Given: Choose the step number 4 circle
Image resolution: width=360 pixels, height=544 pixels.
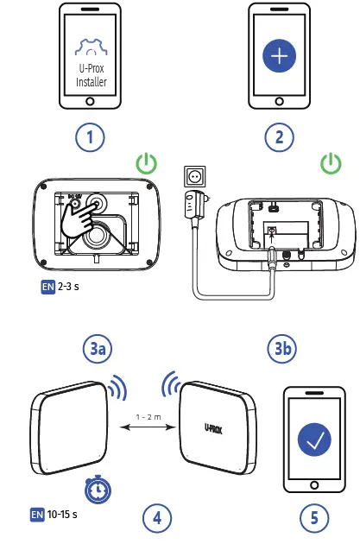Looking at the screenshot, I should click(156, 518).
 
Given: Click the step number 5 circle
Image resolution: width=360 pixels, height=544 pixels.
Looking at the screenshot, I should click(313, 518).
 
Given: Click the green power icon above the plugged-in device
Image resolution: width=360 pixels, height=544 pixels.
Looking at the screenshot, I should click(329, 163).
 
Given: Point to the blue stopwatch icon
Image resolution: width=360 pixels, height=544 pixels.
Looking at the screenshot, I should click(96, 489).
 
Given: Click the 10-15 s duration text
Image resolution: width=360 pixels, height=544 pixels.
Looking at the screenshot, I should click(63, 516).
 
